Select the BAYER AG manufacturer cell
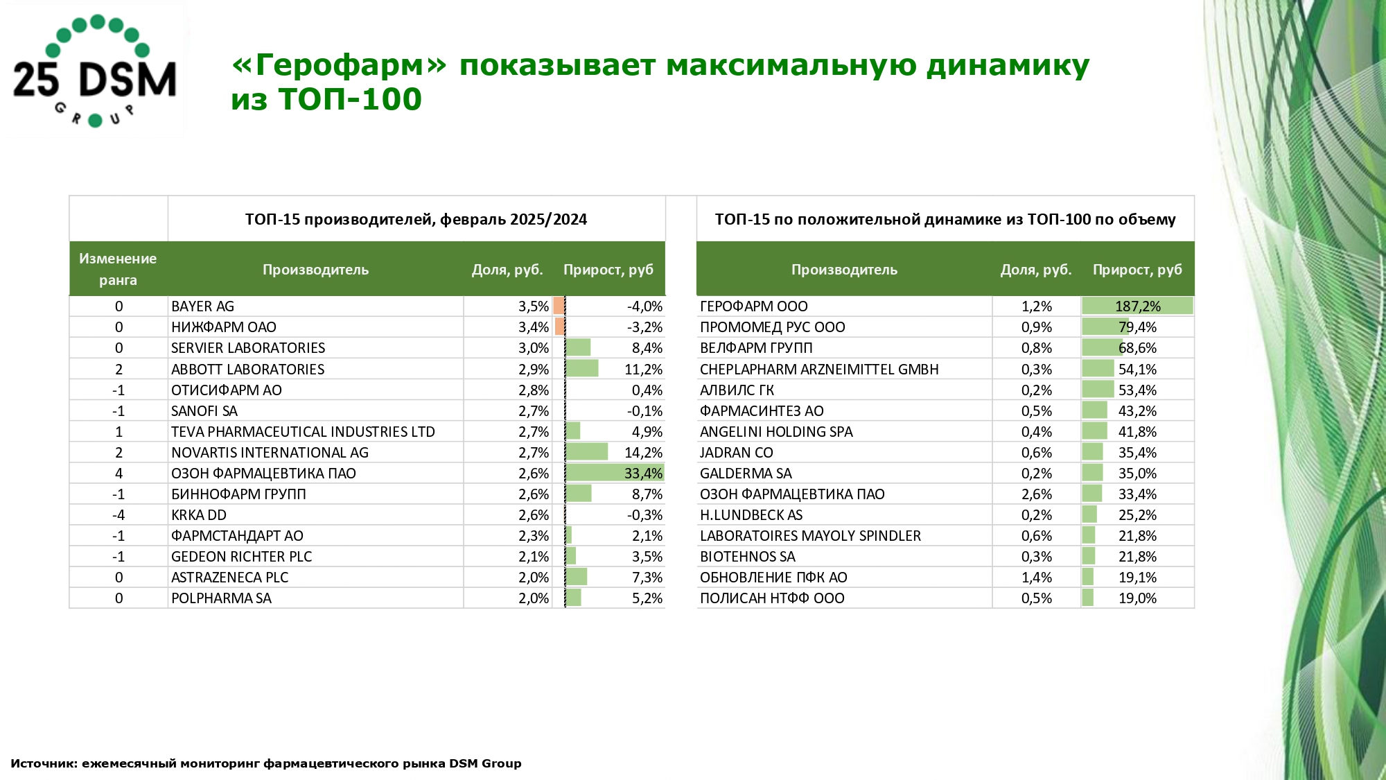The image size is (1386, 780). point(202,306)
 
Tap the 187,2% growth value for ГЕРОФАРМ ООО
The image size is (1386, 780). point(1137,306)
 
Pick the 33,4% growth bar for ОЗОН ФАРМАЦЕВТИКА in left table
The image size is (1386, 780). point(614,474)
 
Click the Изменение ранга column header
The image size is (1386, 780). point(118,269)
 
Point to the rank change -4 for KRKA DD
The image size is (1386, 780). point(119,515)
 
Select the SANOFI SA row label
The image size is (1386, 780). point(204,411)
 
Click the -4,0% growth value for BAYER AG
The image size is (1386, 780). point(644,306)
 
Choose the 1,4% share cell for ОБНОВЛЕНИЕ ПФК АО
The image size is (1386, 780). point(1036,578)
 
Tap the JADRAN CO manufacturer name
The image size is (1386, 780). point(736,453)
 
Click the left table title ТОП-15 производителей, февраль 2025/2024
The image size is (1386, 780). point(416,220)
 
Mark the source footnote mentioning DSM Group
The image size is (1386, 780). point(265,763)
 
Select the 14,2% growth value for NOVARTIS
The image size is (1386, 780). point(643,453)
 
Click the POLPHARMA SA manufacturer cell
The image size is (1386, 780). point(221,598)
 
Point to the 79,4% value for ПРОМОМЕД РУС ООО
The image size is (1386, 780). point(1137,327)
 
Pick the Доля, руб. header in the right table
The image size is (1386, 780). point(1036,270)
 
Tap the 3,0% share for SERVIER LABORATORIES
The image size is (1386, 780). point(533,348)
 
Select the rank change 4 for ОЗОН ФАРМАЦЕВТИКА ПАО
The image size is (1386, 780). point(119,474)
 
